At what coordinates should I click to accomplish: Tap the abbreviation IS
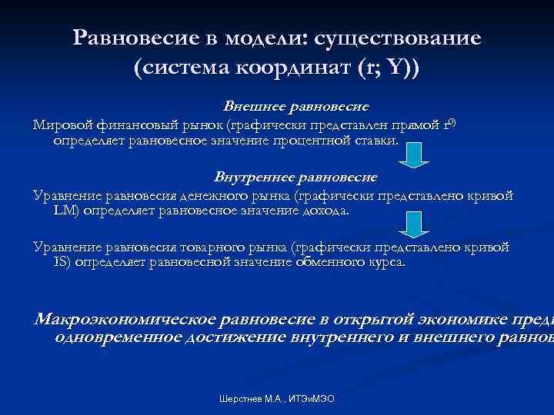[x=60, y=262]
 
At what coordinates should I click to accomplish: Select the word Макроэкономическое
[x=126, y=319]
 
